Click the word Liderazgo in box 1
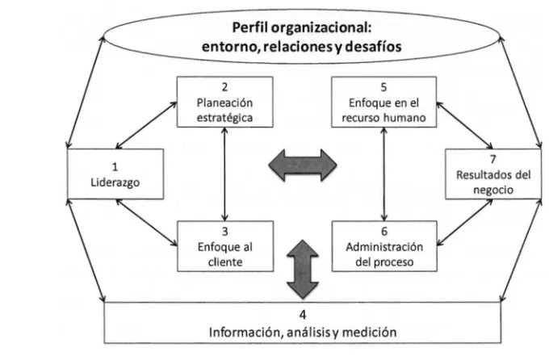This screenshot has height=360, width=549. [115, 182]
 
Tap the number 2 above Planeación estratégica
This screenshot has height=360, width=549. [224, 87]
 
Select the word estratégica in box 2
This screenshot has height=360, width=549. [224, 118]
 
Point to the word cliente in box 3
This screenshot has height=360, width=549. [225, 262]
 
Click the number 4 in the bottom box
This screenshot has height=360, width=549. [303, 315]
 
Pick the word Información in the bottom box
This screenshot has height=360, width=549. [246, 332]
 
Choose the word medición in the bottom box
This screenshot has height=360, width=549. [370, 332]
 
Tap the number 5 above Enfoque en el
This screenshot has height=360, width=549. [383, 87]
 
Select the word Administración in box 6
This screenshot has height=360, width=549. [384, 247]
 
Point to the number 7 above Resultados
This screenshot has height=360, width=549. [493, 159]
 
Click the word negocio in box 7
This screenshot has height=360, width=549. [493, 190]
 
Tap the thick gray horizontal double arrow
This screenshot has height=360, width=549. [303, 165]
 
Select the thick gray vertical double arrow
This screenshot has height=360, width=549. [303, 270]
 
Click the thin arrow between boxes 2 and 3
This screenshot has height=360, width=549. [224, 174]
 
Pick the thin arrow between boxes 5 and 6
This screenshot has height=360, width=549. [384, 174]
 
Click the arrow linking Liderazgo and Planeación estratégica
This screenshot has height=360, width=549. [146, 125]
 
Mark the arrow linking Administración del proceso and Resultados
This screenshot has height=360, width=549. [465, 222]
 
